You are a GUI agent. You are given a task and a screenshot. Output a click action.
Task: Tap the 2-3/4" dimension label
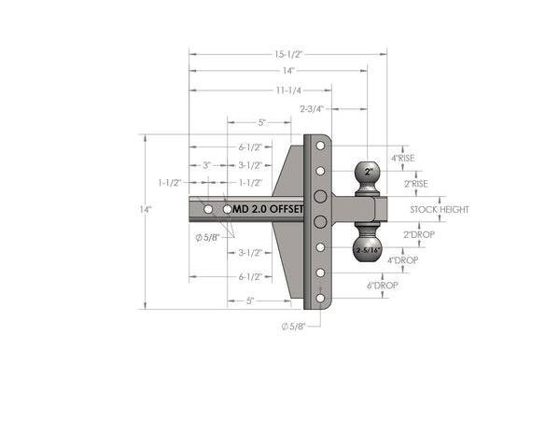point(311,109)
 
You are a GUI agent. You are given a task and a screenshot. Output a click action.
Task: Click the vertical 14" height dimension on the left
point(146,211)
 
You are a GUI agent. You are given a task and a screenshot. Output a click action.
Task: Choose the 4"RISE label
point(402,158)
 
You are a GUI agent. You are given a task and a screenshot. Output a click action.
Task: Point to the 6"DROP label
point(384,285)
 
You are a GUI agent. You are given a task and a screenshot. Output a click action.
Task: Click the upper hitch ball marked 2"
point(368,174)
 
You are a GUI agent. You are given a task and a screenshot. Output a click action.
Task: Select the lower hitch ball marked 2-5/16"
point(368,250)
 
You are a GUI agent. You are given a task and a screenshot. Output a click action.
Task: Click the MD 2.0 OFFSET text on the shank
point(267,210)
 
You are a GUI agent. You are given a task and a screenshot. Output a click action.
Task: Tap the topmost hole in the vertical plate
point(320,147)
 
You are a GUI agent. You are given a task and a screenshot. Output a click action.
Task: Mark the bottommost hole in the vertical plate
point(320,298)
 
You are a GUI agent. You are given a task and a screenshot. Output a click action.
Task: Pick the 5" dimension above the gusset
point(262,122)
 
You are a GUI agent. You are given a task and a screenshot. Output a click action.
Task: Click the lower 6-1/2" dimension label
point(248,277)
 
